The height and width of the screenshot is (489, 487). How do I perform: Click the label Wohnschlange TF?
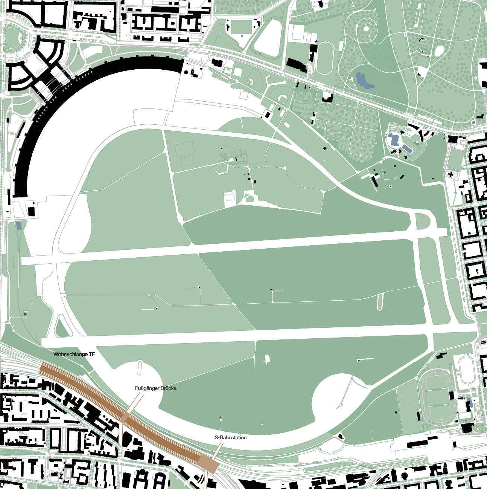[74, 354]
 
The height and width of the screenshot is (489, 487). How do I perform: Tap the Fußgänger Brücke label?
[155, 388]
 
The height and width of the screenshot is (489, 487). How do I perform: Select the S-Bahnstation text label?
[230, 437]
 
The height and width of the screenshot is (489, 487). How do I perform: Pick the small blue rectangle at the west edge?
[18, 225]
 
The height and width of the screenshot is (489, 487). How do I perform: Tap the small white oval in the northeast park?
[440, 50]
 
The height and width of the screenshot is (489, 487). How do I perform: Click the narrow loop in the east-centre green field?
[380, 302]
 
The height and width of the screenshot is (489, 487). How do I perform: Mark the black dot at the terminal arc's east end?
[186, 72]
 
